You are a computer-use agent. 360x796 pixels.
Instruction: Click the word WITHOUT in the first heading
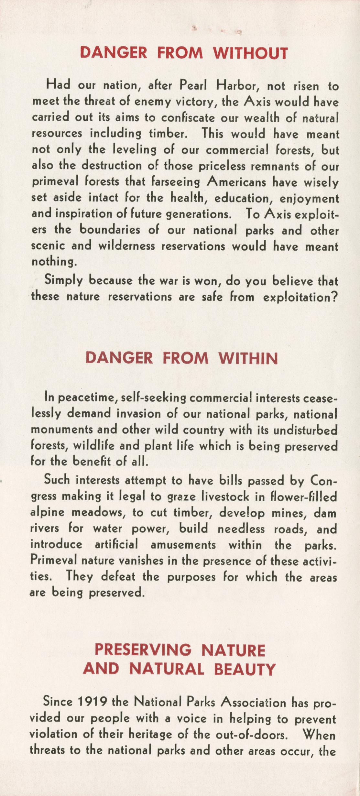(x=250, y=53)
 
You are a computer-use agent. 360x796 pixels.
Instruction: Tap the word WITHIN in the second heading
(x=248, y=358)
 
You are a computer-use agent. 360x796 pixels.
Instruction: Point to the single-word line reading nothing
(x=54, y=262)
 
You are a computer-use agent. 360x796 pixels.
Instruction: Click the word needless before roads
(x=241, y=529)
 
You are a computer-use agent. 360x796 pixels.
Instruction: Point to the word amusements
(x=183, y=545)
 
